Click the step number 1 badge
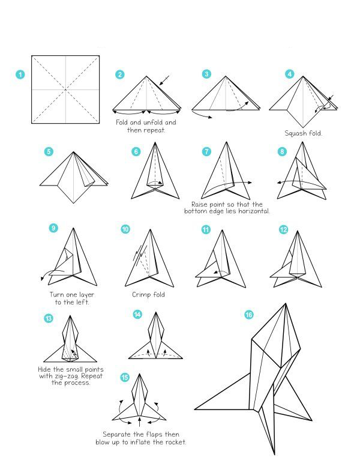20,74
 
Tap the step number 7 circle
206,151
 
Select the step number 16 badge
249,315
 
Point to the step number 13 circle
49,319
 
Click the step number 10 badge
125,229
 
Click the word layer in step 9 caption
86,295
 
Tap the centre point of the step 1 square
65,89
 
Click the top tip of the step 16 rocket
286,303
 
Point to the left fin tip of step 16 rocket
195,409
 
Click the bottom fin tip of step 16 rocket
274,455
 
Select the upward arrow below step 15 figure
140,422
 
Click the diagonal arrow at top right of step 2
164,80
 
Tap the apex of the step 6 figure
155,142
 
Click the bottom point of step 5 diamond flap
73,204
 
